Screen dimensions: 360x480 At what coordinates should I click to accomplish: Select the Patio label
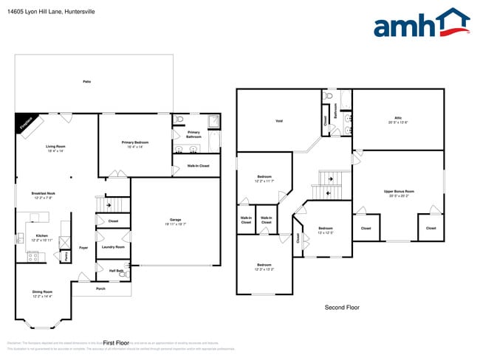point(86,81)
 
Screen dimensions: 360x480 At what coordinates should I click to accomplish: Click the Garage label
point(175,220)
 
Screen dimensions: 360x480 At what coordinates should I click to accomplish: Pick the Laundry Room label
point(113,247)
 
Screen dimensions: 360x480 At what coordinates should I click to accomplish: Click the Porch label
point(101,288)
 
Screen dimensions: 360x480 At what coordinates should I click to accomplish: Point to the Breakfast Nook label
point(42,193)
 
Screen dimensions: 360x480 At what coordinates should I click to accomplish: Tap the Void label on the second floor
point(279,121)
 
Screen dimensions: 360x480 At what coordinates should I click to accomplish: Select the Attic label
point(398,118)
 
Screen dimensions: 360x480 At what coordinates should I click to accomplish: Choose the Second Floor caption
point(343,307)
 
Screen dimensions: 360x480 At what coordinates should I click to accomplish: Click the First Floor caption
point(117,343)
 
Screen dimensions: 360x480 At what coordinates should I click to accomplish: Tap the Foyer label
point(83,248)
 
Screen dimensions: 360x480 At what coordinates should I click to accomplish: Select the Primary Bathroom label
point(193,134)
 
